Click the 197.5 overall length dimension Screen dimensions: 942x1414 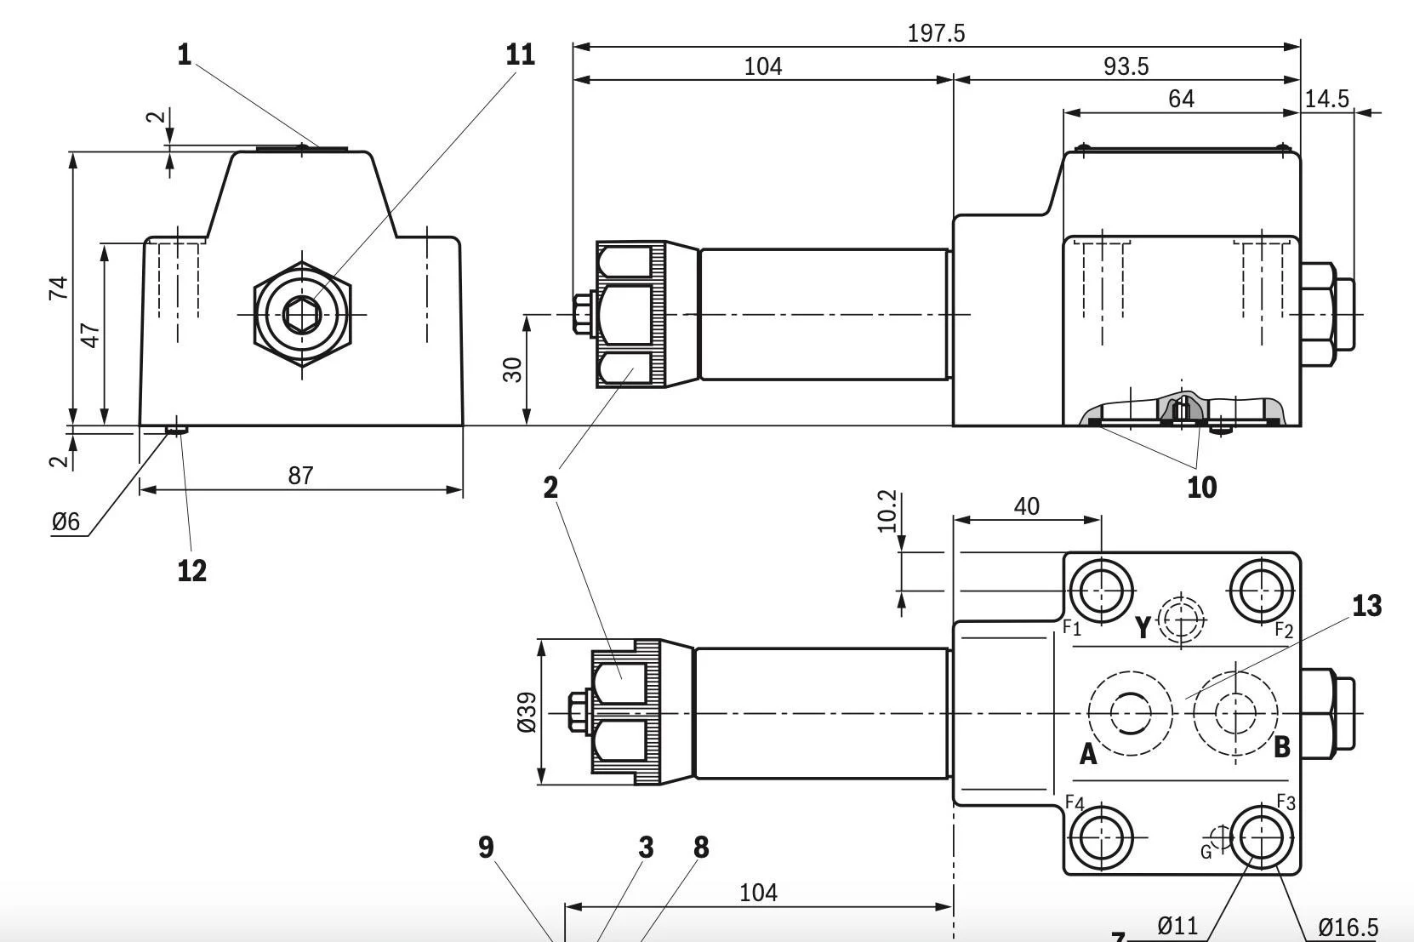[936, 33]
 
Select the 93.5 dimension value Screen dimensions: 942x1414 [1126, 66]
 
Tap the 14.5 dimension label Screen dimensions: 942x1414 [1326, 99]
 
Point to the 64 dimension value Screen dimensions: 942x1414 [1181, 100]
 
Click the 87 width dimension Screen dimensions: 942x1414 [300, 475]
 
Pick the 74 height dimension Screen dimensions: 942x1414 [58, 288]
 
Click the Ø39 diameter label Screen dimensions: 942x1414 [527, 712]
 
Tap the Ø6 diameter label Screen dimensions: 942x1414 [66, 522]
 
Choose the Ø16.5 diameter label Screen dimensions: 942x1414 [1348, 927]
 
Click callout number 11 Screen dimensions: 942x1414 [520, 54]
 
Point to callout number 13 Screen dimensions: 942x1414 [1366, 606]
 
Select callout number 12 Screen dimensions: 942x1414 [192, 570]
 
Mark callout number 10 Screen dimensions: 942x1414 [1201, 488]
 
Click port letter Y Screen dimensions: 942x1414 [1143, 627]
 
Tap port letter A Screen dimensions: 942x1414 [1087, 754]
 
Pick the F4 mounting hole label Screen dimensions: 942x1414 [1075, 803]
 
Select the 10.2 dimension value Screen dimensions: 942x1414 [887, 511]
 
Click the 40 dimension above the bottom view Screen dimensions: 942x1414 [1026, 507]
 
